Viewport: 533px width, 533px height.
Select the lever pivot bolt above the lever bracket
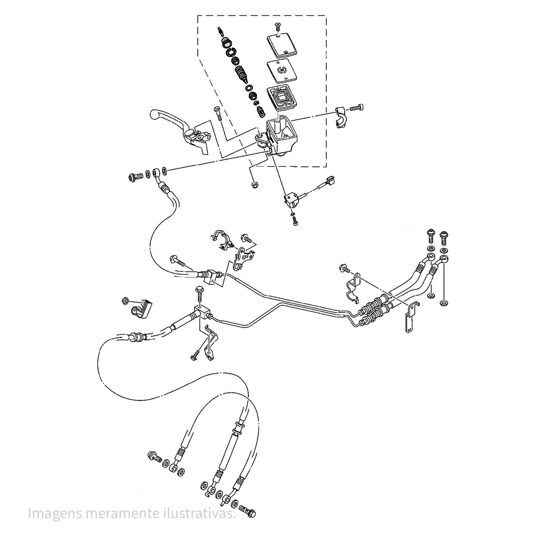(216, 113)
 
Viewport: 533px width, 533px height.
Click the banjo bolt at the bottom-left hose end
(155, 457)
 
